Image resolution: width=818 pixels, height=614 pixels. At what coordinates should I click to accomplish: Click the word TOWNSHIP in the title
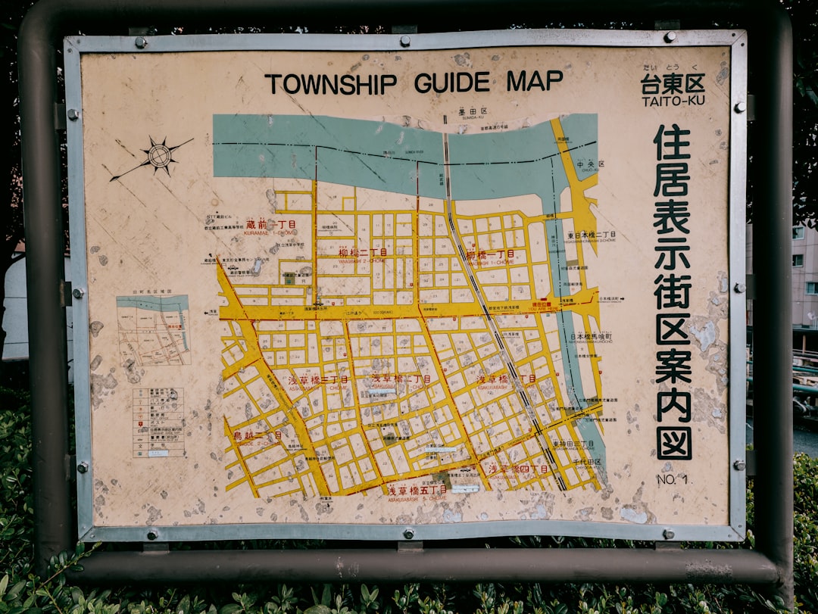(x=330, y=83)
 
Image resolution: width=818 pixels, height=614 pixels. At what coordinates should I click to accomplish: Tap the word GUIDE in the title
(x=451, y=82)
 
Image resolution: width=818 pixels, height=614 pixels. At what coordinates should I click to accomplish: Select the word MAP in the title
(x=535, y=80)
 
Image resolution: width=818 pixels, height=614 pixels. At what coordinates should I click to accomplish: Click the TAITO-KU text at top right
(x=673, y=101)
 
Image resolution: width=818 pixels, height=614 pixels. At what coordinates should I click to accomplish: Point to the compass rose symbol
(x=158, y=156)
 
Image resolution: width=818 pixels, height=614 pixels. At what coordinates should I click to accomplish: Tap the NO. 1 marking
(x=672, y=478)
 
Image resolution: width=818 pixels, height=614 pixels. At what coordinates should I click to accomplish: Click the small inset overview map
(x=153, y=330)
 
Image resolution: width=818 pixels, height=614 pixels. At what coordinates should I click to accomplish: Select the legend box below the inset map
(x=158, y=422)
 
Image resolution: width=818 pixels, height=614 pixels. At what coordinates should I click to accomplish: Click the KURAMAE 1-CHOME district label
(x=270, y=226)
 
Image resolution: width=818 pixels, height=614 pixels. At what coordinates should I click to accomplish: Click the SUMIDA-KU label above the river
(x=472, y=112)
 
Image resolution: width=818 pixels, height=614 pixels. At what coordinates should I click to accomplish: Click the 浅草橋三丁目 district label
(x=318, y=379)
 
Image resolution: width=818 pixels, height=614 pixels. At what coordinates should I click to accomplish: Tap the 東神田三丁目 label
(x=573, y=444)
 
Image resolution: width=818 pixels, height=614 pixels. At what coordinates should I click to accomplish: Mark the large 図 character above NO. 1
(x=673, y=443)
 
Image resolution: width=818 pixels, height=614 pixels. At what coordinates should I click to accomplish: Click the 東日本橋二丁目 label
(x=592, y=235)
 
